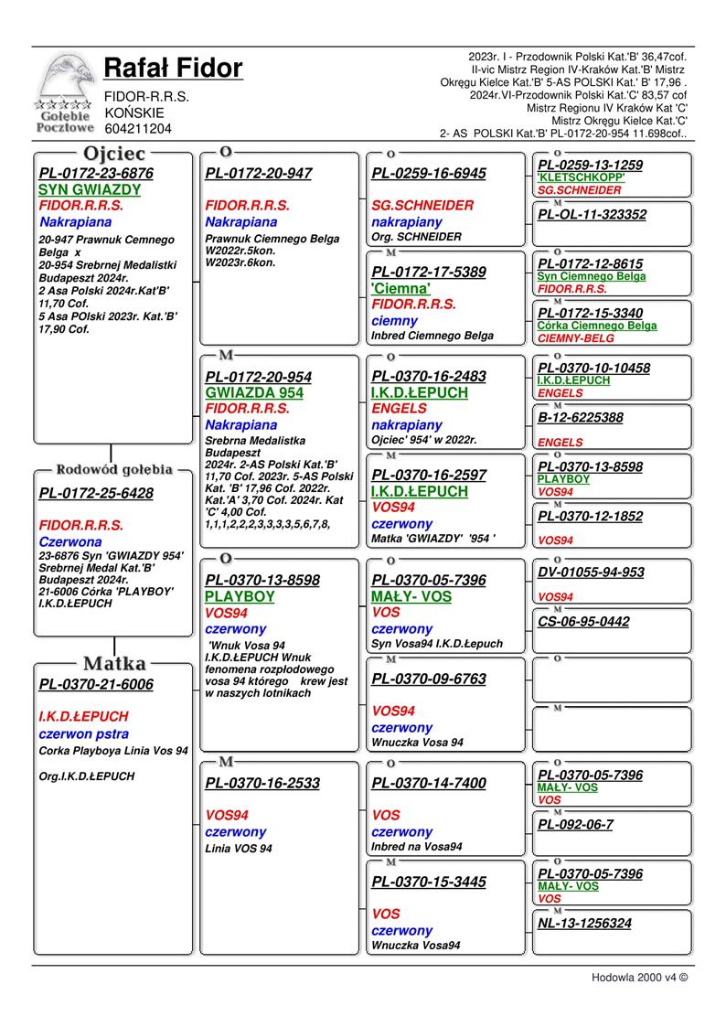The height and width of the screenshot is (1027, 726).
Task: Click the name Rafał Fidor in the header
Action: coord(174,69)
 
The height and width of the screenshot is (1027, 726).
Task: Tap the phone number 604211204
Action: coord(138,129)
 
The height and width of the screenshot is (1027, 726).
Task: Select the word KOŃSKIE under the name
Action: coord(134,112)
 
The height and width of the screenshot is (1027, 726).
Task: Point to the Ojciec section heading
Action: coord(113,154)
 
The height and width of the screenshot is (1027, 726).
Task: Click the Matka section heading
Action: coord(113,663)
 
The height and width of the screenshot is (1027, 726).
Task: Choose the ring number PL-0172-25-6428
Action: coord(96,494)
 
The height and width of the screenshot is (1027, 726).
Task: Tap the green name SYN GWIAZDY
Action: coord(90,190)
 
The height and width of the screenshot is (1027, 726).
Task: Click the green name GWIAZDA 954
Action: coord(254,393)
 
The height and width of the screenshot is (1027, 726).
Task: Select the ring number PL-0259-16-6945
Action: coord(429,174)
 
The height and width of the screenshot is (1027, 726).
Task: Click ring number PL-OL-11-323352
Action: coord(592,215)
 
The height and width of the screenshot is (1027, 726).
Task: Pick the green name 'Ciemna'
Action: coord(400,288)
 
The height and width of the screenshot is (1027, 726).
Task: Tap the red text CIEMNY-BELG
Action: coord(576,338)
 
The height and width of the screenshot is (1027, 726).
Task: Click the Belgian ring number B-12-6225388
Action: coord(581,418)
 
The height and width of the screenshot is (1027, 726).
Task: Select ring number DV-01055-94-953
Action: coord(591,573)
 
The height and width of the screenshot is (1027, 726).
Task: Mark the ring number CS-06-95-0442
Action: coord(583,622)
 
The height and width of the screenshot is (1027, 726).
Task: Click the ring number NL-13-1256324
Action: coord(584,924)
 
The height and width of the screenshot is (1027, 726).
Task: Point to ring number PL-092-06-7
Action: coord(575,824)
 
